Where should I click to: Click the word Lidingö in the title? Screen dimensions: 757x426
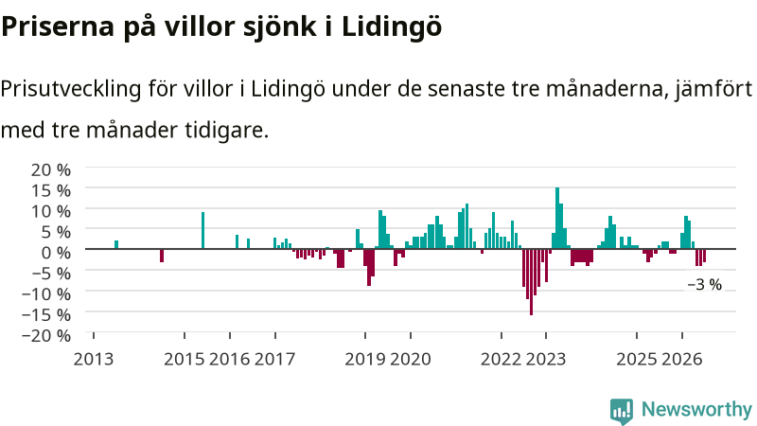click(x=392, y=27)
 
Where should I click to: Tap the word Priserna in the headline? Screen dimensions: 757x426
click(x=58, y=27)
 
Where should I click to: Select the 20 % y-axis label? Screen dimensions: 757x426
click(x=51, y=169)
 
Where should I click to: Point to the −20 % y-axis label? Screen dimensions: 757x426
click(x=46, y=335)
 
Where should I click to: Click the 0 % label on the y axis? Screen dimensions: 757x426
click(x=56, y=252)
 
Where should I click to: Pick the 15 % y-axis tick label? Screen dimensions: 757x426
click(x=51, y=190)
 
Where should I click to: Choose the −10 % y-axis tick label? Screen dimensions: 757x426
click(x=46, y=293)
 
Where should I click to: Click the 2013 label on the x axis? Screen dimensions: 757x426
click(x=93, y=359)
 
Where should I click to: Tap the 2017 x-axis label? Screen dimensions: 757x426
click(x=274, y=359)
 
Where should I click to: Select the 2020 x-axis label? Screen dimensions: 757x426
click(x=411, y=359)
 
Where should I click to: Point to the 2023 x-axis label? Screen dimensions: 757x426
click(x=546, y=359)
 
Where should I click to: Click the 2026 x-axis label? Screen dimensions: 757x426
click(x=681, y=359)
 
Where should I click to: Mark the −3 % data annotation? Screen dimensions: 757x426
click(x=704, y=285)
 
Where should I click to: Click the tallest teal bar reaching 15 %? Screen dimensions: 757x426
click(x=557, y=218)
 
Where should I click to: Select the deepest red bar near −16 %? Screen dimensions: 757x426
click(x=532, y=282)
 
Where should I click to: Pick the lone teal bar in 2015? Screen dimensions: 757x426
click(x=202, y=230)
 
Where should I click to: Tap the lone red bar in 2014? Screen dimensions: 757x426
click(x=162, y=256)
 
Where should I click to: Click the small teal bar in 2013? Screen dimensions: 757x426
click(x=116, y=244)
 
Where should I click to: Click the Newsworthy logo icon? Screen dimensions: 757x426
click(x=622, y=411)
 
